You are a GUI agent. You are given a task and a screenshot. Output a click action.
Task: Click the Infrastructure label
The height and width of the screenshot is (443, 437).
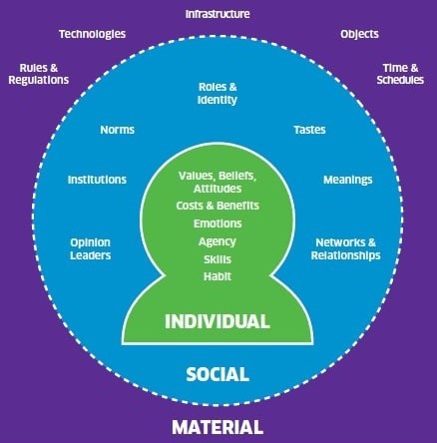(x=218, y=14)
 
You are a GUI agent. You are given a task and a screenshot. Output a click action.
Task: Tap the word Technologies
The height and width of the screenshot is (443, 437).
(x=93, y=34)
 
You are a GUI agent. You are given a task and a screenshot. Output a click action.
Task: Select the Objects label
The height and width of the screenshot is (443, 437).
(x=359, y=34)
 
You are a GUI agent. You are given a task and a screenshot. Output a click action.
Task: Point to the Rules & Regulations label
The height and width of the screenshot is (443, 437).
(x=39, y=74)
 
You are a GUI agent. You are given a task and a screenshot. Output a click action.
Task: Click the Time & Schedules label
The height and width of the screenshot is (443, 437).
(x=400, y=74)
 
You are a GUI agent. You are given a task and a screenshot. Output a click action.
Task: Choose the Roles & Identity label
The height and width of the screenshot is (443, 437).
(x=218, y=94)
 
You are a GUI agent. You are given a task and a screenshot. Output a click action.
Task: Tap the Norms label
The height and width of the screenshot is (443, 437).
(x=118, y=130)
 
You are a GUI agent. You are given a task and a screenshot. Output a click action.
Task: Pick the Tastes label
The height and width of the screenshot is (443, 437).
(x=309, y=130)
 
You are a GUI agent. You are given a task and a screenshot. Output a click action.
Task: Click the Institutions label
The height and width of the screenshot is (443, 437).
(x=97, y=180)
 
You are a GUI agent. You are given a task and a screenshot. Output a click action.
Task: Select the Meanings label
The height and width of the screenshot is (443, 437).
(x=348, y=180)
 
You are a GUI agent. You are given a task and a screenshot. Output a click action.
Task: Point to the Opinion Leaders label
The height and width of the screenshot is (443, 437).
(x=91, y=248)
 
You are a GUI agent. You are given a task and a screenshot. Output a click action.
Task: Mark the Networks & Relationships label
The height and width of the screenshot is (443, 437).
(x=346, y=248)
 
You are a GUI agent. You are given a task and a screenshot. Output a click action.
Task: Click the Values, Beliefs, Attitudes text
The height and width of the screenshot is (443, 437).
(x=218, y=182)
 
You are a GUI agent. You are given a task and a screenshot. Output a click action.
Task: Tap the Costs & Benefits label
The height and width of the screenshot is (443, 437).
(x=218, y=206)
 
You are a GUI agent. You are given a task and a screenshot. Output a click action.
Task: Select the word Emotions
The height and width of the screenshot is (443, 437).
(x=218, y=223)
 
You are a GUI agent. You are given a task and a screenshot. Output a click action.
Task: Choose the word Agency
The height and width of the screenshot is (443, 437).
(x=218, y=241)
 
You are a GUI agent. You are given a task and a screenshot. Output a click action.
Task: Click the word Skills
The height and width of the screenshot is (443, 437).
(x=218, y=259)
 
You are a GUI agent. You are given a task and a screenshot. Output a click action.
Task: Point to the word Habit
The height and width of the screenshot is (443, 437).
(x=218, y=276)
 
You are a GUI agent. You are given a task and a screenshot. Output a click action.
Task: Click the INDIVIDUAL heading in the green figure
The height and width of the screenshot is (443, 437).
(x=218, y=321)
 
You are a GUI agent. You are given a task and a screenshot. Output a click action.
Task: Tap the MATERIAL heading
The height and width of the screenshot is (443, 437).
(x=218, y=427)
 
